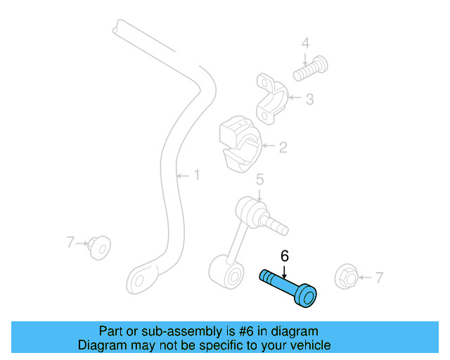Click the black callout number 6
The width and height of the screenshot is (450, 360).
pos(284,256)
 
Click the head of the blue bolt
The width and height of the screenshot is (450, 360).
pos(306,296)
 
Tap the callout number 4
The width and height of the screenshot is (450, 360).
pos(305,43)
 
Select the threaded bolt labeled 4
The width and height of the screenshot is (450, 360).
pos(311,69)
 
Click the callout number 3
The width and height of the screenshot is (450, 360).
pos(309,99)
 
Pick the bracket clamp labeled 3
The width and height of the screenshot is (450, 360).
pos(272,98)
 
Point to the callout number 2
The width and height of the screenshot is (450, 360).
pos(283,148)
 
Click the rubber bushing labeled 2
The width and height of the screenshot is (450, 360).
pos(240,144)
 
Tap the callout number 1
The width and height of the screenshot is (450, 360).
pos(197,175)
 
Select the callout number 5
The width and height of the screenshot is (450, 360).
pos(259,179)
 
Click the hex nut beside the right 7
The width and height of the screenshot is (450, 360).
pos(346,277)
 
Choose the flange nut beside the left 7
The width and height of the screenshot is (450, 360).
pos(99,247)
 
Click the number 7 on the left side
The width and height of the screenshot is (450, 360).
pos(70,242)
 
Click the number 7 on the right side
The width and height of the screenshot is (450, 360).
pos(379,278)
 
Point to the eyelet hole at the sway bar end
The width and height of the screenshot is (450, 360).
pos(139,281)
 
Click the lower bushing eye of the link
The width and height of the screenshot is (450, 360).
pos(226,273)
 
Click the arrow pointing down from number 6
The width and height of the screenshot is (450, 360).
pos(284,272)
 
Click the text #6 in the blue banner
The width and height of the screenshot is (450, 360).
pos(246,331)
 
